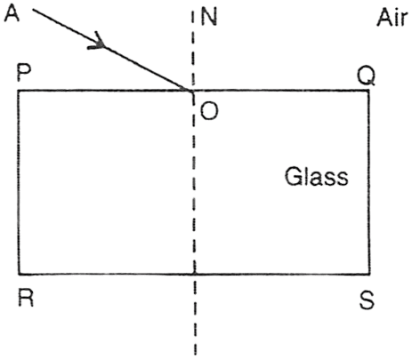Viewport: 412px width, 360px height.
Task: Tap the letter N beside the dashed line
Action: click(209, 17)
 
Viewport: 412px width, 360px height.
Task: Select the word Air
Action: click(392, 18)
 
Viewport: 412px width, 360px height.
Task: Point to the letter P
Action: click(24, 73)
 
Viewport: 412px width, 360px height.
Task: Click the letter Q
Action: click(366, 76)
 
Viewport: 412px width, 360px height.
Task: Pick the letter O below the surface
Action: click(209, 111)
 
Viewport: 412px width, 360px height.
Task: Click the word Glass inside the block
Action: click(317, 177)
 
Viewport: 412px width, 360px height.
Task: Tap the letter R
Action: click(26, 298)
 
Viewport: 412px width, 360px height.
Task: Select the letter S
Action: click(367, 300)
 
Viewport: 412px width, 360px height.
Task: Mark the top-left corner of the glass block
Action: click(19, 91)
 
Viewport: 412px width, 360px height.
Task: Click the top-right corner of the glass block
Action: click(369, 91)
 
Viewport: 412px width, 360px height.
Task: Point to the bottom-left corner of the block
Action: click(19, 274)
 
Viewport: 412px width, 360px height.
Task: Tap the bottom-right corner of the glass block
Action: click(369, 274)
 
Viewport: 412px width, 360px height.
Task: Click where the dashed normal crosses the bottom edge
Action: click(194, 274)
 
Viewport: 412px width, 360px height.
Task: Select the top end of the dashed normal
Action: click(192, 12)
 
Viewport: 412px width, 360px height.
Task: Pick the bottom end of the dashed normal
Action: click(196, 354)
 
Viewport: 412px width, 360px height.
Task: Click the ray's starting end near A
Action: click(33, 10)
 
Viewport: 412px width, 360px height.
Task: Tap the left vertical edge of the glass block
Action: click(19, 182)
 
